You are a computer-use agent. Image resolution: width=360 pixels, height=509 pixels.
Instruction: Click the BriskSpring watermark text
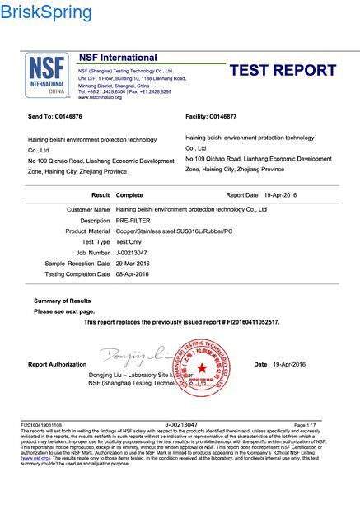pos(47,12)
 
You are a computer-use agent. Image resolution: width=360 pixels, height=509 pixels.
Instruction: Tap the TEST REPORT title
pos(283,71)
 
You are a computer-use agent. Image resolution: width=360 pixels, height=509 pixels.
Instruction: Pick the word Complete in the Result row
pos(129,195)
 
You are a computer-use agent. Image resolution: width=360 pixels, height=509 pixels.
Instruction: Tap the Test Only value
pos(130,242)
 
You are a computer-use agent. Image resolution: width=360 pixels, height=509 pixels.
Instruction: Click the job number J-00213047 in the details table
pos(134,253)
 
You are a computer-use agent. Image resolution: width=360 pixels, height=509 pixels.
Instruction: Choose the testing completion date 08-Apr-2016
pos(135,273)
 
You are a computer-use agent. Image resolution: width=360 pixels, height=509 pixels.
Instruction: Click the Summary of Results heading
pos(62,301)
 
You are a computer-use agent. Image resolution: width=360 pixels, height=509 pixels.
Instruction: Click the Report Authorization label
pos(57,364)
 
